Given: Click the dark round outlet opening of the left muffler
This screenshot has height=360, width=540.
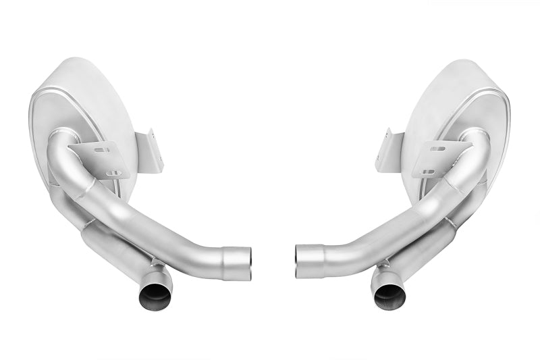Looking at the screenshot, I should click(x=155, y=294).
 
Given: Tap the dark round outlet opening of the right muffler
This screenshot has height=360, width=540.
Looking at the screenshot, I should click(x=389, y=294).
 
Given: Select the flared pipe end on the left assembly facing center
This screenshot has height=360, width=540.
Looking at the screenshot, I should click(x=238, y=263).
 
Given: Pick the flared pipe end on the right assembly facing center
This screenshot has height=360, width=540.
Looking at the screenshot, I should click(x=307, y=261).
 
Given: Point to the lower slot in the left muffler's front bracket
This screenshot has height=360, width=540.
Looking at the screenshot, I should click(x=114, y=173).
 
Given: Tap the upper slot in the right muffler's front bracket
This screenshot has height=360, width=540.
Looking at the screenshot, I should click(x=439, y=148).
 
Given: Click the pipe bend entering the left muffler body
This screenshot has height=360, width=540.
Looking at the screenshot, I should click(x=64, y=145).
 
